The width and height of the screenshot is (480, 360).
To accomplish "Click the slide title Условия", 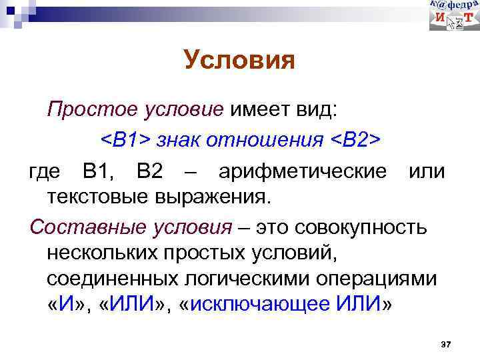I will pos(239,61).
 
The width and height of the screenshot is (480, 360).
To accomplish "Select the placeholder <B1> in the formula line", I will pos(125,140).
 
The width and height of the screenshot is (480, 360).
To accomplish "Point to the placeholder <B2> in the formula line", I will pos(355,140).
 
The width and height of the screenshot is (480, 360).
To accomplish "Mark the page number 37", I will pos(446,344).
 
